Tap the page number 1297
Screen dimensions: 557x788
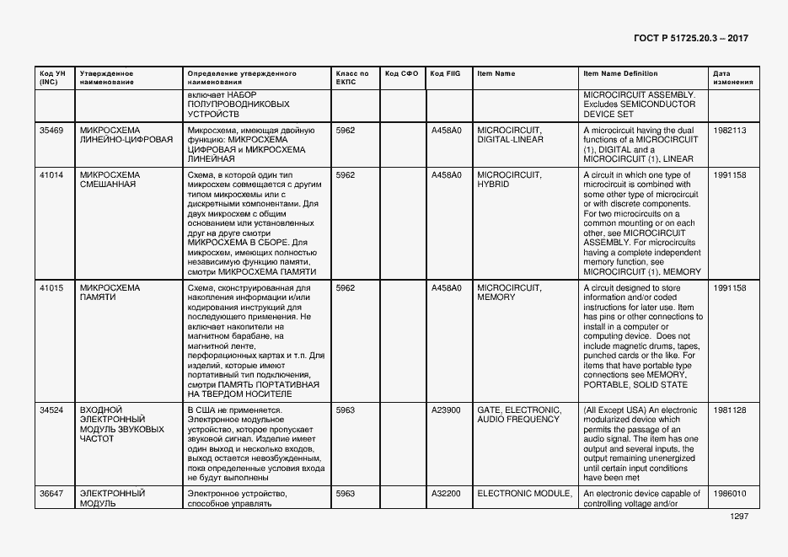pyautogui.click(x=739, y=516)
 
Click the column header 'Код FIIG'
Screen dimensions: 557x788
pyautogui.click(x=445, y=74)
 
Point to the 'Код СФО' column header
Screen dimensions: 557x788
pyautogui.click(x=401, y=74)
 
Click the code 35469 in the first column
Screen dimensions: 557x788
pyautogui.click(x=51, y=131)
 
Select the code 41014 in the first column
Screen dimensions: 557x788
pyautogui.click(x=51, y=175)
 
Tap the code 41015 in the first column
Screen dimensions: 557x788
pyautogui.click(x=51, y=288)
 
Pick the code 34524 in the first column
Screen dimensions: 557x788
pyautogui.click(x=51, y=410)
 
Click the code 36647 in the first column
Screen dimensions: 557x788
pyautogui.click(x=51, y=494)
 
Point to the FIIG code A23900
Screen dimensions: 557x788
pyautogui.click(x=446, y=410)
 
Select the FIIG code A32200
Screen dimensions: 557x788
pyautogui.click(x=446, y=494)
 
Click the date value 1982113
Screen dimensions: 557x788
pyautogui.click(x=729, y=131)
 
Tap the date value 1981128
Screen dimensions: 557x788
pyautogui.click(x=729, y=410)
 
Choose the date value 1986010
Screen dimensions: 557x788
pyautogui.click(x=729, y=494)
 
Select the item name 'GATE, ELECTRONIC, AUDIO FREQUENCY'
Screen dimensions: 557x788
pyautogui.click(x=519, y=415)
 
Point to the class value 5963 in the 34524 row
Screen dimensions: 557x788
pyautogui.click(x=346, y=410)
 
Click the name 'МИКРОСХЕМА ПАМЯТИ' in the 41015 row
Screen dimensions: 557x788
pyautogui.click(x=110, y=292)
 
